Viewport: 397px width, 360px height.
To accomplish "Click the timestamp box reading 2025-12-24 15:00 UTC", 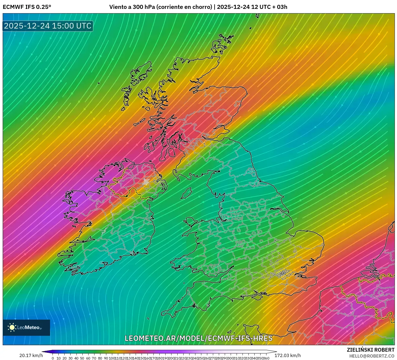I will (x=48, y=26).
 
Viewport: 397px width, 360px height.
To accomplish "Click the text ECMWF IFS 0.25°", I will (x=27, y=7).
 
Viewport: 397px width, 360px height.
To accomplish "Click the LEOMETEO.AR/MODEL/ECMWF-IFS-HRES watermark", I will (x=198, y=338).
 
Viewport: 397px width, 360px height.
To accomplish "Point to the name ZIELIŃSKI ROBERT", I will (x=370, y=350).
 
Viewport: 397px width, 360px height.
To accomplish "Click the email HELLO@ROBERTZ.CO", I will (x=372, y=356).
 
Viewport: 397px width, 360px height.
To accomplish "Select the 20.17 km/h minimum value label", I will (x=31, y=355).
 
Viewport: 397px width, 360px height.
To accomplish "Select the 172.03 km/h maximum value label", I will (x=287, y=355).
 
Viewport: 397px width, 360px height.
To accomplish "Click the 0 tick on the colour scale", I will (x=53, y=358).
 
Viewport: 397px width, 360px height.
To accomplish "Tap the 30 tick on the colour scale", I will (x=70, y=358).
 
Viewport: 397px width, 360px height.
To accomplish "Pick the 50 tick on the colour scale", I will (x=82, y=358).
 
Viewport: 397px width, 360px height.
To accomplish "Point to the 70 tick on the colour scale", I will (x=94, y=358).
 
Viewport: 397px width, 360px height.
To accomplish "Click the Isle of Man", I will (x=186, y=193).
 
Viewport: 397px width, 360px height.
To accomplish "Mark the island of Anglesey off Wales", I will (x=190, y=222).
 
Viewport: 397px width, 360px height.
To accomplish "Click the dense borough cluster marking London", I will (x=282, y=274).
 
